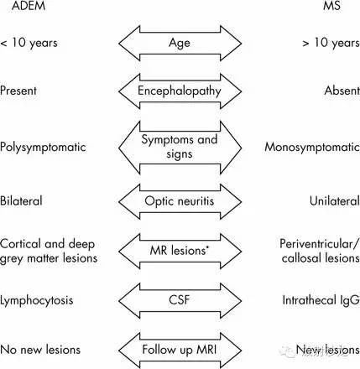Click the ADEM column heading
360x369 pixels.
[x=29, y=6]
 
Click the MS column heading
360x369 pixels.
[x=331, y=6]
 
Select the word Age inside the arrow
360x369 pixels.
[x=180, y=43]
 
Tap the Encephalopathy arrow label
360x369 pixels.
[x=180, y=91]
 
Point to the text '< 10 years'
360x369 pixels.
[x=29, y=43]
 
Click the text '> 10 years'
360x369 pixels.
[x=331, y=43]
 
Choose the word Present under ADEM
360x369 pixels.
[x=18, y=91]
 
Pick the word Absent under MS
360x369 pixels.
[x=342, y=91]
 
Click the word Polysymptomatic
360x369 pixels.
[x=43, y=148]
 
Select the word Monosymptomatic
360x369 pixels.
[x=312, y=148]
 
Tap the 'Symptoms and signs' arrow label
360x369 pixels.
[x=180, y=147]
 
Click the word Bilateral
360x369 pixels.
[x=21, y=201]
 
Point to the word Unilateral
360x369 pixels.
[x=335, y=201]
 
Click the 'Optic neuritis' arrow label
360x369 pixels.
[x=180, y=201]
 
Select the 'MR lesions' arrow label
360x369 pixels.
[x=180, y=251]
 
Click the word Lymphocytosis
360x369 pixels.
[x=37, y=301]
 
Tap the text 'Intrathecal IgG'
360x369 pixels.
[x=321, y=301]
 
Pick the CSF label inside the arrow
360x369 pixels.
[x=180, y=300]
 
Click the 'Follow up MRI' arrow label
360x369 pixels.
[x=180, y=350]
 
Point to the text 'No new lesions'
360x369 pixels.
[x=40, y=350]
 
